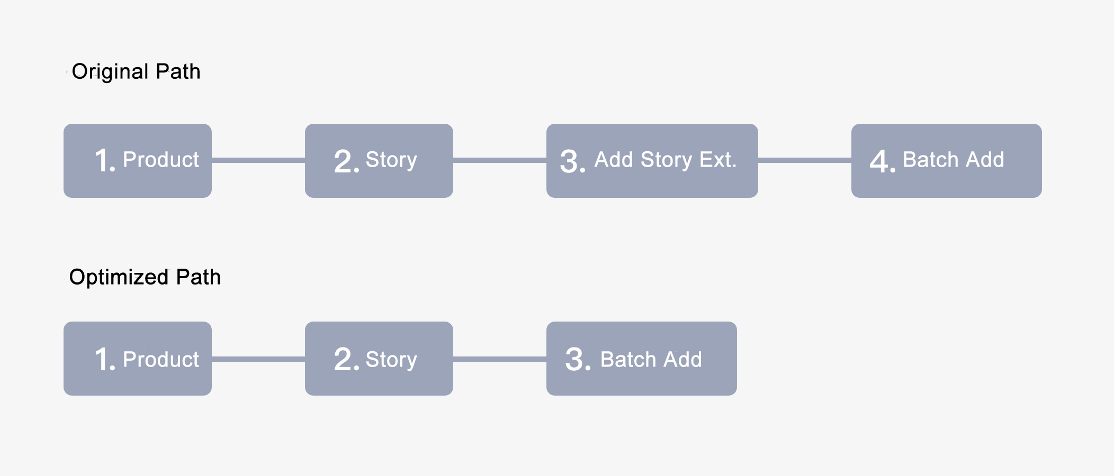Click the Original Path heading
click(136, 72)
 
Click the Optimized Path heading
click(145, 278)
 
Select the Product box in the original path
click(138, 161)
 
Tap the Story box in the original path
click(379, 161)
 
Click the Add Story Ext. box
click(652, 161)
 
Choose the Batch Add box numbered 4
click(947, 161)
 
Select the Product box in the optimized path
click(138, 359)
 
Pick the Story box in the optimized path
click(379, 359)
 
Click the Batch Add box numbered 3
click(642, 359)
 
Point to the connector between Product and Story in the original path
click(258, 160)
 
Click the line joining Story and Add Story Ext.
click(500, 160)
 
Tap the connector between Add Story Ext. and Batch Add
click(805, 160)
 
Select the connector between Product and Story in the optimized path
click(258, 359)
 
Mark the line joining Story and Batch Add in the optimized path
click(500, 359)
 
